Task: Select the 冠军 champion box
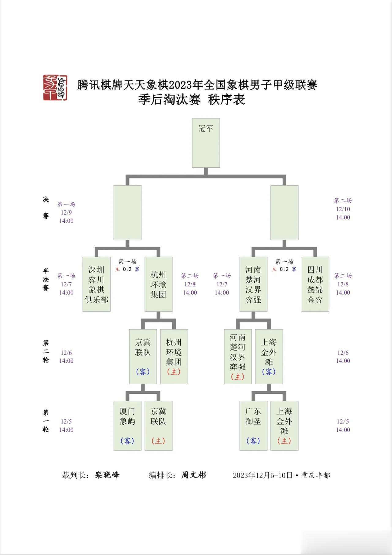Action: (x=206, y=143)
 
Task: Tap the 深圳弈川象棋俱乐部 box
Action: (x=96, y=284)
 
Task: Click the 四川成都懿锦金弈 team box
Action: (x=315, y=284)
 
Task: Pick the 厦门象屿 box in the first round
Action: (x=127, y=426)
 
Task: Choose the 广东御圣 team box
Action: (x=253, y=426)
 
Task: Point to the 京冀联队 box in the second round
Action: (x=143, y=357)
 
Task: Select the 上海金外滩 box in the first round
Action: (x=285, y=426)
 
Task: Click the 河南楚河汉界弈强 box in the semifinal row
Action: (x=253, y=284)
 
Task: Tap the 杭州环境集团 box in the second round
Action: (x=174, y=357)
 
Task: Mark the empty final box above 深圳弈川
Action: (x=127, y=213)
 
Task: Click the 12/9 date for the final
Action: (x=66, y=212)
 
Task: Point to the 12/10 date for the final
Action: (x=343, y=209)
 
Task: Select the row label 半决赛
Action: (x=46, y=279)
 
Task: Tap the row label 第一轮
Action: (x=46, y=421)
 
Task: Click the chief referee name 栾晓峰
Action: (x=107, y=475)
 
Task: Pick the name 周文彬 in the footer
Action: (x=194, y=475)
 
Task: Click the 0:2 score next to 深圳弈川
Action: (x=127, y=269)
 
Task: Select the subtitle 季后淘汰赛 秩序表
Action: (x=192, y=100)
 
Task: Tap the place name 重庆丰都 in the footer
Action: (x=316, y=475)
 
